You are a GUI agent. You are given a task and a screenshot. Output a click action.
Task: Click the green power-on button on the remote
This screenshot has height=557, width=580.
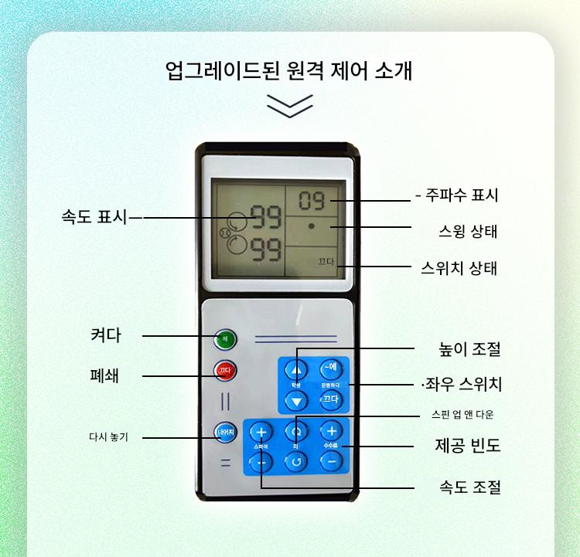tap(226, 338)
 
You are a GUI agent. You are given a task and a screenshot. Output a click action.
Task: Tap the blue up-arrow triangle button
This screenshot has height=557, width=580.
tap(295, 369)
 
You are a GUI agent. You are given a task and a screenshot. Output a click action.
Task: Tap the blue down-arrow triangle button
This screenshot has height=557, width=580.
tap(295, 400)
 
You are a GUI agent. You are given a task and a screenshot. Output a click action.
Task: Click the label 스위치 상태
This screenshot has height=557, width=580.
tap(459, 268)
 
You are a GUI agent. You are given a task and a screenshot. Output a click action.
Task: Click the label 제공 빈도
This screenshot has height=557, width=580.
tap(468, 446)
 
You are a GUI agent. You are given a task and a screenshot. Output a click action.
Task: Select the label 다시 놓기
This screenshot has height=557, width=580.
tap(108, 437)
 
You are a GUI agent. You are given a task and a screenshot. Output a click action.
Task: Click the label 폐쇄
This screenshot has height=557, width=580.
tap(105, 376)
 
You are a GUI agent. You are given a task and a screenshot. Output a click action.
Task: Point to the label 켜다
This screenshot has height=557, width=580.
tap(105, 335)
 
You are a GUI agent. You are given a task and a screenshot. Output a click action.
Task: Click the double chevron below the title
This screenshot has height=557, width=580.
tap(289, 106)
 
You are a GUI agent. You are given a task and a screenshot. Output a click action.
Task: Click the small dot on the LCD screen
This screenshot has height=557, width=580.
tap(311, 227)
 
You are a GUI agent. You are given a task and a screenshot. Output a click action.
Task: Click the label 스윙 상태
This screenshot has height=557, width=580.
tap(463, 232)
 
